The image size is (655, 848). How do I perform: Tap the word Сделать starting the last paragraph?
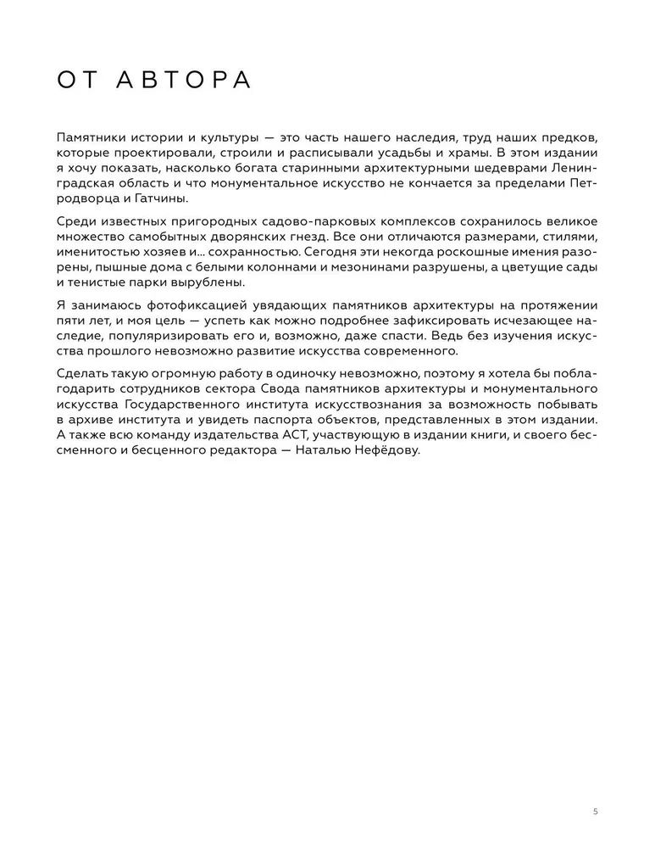click(x=83, y=375)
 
